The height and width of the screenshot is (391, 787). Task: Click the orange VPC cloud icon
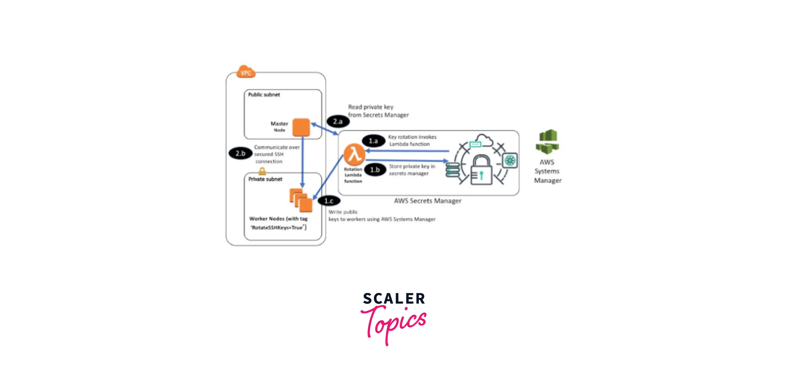coord(246,72)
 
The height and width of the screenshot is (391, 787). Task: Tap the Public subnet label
coord(264,95)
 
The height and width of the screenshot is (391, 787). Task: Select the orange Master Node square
coord(301,127)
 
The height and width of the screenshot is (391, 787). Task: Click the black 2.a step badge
coord(338,121)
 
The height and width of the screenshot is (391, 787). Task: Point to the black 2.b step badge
coord(240,153)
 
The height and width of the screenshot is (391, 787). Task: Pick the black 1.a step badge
coord(373,141)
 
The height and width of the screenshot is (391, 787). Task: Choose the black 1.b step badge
coord(375,170)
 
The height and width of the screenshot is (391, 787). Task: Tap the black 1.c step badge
coord(329,201)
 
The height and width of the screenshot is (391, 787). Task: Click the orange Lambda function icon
coord(354,154)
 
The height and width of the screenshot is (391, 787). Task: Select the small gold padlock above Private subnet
coord(262,171)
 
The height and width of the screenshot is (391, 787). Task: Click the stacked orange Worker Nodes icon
coord(301,200)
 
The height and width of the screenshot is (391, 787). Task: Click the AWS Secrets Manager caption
coord(427,201)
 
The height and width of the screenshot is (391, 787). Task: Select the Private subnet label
coord(265,179)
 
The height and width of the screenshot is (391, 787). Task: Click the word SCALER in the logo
coord(394,298)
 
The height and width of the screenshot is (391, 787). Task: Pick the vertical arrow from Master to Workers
coord(302,162)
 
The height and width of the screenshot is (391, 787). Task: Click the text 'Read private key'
coord(370,107)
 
